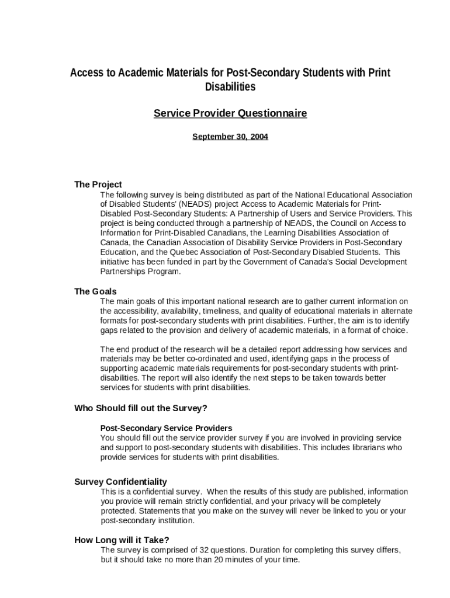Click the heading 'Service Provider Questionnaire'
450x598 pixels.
pyautogui.click(x=230, y=113)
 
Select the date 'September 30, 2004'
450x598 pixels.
pyautogui.click(x=230, y=137)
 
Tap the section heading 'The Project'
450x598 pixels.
pyautogui.click(x=98, y=185)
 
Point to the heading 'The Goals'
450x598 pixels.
pyautogui.click(x=95, y=291)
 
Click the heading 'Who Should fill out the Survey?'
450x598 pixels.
pyautogui.click(x=141, y=408)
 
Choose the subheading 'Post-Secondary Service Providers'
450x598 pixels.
pyautogui.click(x=166, y=428)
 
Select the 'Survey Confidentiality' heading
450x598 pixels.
pyautogui.click(x=120, y=482)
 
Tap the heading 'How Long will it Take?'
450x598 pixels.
pyautogui.click(x=122, y=540)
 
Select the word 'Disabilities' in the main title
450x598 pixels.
pyautogui.click(x=230, y=87)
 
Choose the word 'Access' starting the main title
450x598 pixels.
pyautogui.click(x=85, y=73)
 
